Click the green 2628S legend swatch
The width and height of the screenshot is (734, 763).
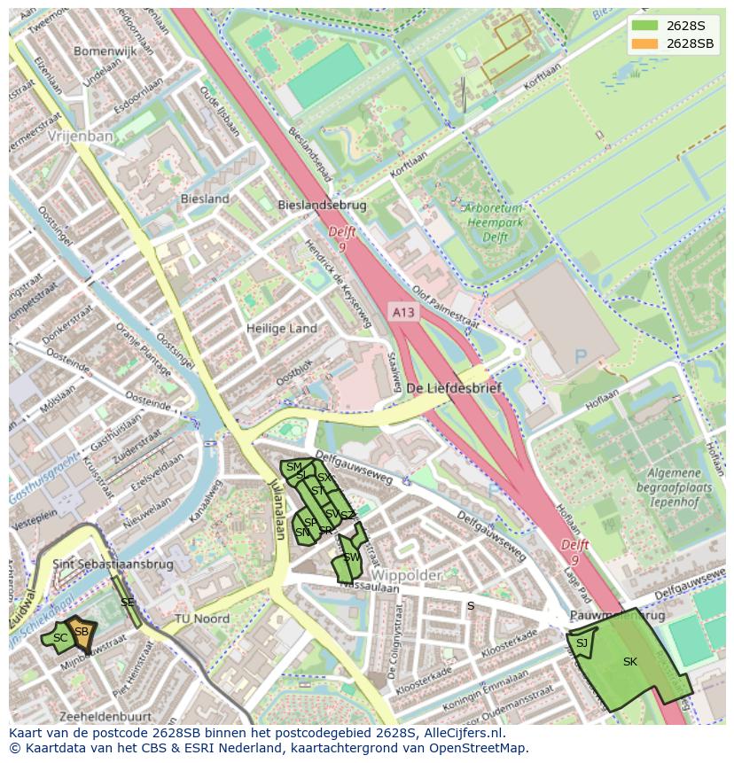point(645,26)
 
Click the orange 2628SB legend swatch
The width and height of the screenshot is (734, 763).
point(645,43)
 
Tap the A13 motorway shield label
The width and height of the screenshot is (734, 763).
point(402,312)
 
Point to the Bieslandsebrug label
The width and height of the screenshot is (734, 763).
point(322,205)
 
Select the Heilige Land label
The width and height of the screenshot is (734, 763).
point(281,328)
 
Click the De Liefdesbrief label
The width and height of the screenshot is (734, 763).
point(454,388)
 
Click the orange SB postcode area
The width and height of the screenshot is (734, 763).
point(82,632)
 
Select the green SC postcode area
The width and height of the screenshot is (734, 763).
point(59,638)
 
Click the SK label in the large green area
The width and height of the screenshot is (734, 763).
point(630,662)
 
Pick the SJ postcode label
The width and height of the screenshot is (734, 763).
point(582,643)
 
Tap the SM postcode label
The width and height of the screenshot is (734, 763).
point(294,467)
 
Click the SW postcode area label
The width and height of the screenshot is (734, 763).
point(351,557)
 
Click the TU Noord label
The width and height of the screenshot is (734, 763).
point(201,619)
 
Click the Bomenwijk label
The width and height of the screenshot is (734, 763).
point(105,51)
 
